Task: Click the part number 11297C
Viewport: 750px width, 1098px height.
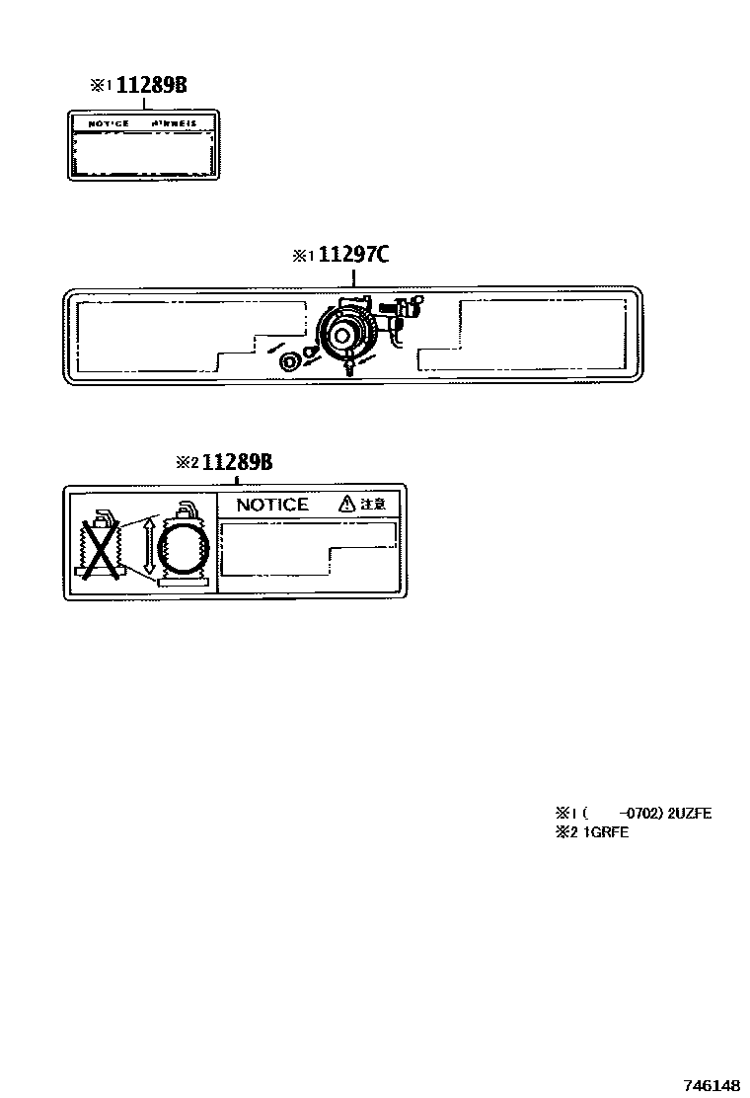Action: [x=353, y=255]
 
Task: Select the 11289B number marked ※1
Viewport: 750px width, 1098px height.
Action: [x=151, y=85]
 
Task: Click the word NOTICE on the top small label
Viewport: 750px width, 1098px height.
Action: [x=109, y=123]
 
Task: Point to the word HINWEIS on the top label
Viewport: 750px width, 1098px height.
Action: [x=175, y=123]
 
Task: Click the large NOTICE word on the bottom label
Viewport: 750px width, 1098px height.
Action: [x=272, y=505]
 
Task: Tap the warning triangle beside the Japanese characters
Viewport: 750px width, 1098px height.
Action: [x=346, y=504]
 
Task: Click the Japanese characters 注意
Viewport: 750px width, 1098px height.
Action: [x=372, y=504]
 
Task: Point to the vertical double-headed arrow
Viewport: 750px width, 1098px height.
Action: [x=149, y=546]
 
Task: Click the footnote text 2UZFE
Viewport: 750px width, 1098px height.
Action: [x=690, y=814]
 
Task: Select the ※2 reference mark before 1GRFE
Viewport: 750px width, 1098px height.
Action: [x=568, y=832]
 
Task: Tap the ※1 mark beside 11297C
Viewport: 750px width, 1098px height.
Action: [x=302, y=256]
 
